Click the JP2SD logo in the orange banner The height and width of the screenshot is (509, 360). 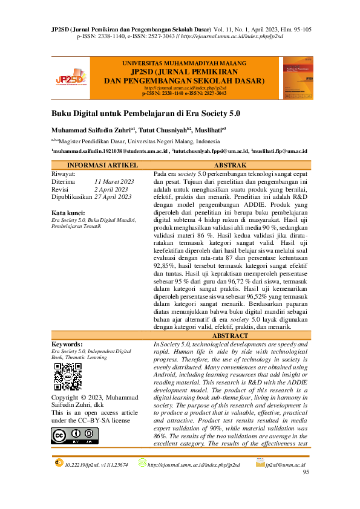click(70, 77)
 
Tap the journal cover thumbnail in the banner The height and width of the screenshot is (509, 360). click(298, 77)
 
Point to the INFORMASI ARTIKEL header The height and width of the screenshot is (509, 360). click(102, 165)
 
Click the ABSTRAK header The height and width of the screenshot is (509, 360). click(230, 165)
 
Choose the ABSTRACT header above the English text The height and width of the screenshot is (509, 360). click(231, 335)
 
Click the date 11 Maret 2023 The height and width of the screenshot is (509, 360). click(114, 181)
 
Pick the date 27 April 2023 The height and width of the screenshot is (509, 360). click(113, 196)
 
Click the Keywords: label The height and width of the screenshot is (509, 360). click(68, 343)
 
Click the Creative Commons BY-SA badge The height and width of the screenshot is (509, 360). click(74, 436)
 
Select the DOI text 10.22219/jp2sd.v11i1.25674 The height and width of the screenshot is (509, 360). click(96, 465)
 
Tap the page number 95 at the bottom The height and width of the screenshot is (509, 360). click(306, 472)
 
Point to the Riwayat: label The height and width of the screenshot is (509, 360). click(63, 173)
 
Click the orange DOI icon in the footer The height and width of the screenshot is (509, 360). click(59, 462)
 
